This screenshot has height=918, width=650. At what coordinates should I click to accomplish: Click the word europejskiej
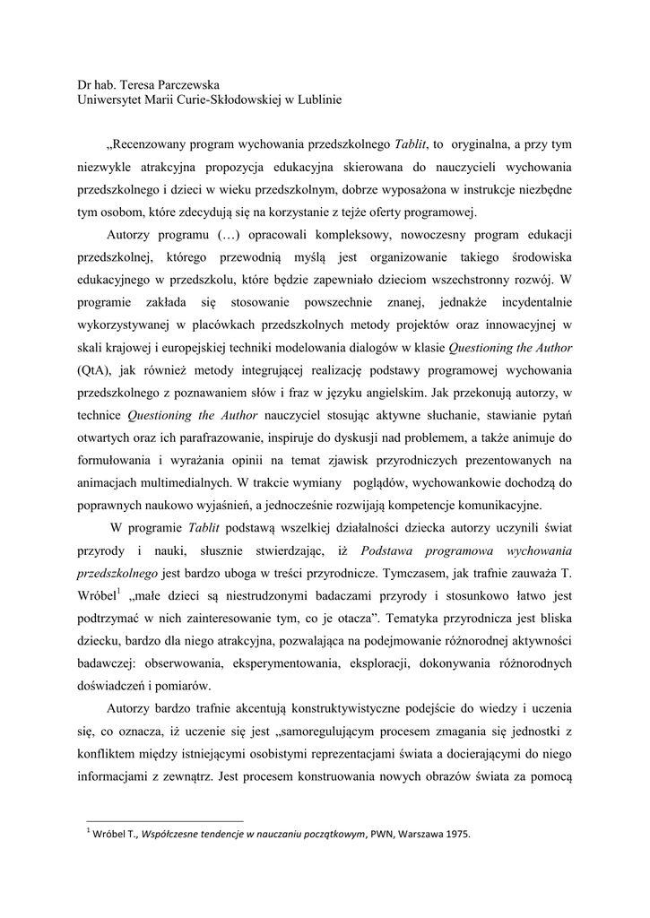click(x=211, y=348)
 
